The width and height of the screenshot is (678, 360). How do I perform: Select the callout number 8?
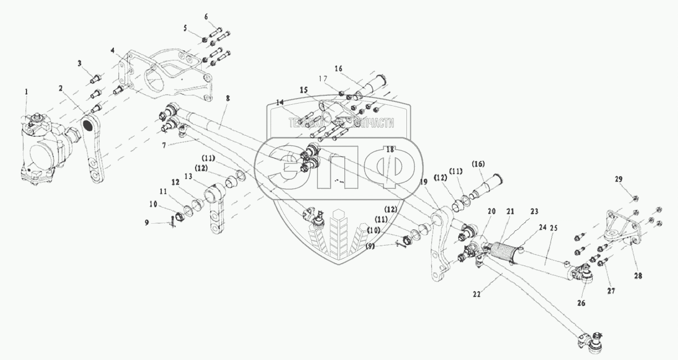228,98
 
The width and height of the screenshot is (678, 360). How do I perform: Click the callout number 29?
618,179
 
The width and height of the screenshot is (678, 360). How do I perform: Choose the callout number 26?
581,303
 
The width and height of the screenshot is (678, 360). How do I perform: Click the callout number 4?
114,51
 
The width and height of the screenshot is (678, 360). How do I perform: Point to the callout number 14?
280,103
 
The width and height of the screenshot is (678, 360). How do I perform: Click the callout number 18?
389,150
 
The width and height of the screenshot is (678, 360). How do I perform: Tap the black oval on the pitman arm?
89,124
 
